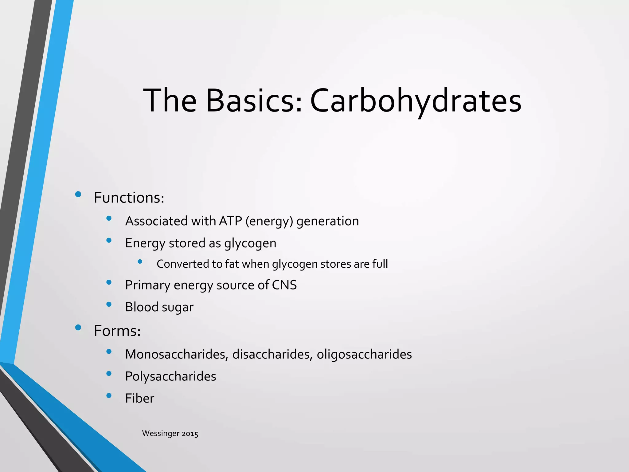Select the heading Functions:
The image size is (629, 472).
click(129, 198)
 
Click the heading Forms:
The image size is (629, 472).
click(117, 331)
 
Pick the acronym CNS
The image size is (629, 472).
click(284, 285)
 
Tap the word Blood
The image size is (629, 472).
click(142, 307)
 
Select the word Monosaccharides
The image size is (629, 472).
click(177, 354)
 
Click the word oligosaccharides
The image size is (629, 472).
click(364, 354)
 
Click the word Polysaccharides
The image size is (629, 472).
click(170, 376)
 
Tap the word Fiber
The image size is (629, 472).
click(139, 399)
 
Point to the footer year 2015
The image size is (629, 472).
click(190, 434)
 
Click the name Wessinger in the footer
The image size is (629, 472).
click(161, 434)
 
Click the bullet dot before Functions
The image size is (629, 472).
click(78, 194)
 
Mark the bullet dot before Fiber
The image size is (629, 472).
click(109, 395)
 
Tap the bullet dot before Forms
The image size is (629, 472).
click(78, 328)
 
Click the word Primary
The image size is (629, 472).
click(147, 285)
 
